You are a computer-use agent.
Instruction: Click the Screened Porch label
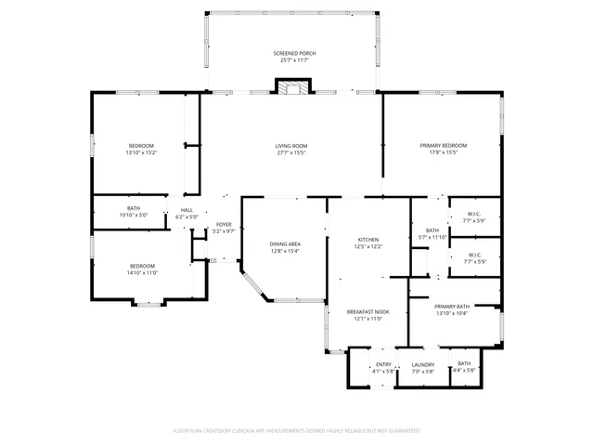(294, 54)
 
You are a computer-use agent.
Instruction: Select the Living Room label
(291, 146)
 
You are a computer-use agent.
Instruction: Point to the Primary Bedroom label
(443, 146)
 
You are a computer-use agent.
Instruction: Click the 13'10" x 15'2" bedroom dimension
(141, 152)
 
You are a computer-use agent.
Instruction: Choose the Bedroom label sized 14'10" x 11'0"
(141, 266)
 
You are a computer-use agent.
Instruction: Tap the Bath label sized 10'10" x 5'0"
(134, 208)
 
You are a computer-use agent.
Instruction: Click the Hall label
(187, 209)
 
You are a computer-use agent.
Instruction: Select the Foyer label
(224, 224)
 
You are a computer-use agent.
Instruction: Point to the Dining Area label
(285, 243)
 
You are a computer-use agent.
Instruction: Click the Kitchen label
(368, 240)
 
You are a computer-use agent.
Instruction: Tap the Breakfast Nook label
(368, 312)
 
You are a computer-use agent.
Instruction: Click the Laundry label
(423, 364)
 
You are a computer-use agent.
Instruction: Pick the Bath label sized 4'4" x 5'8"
(464, 364)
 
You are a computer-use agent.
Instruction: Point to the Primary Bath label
(452, 306)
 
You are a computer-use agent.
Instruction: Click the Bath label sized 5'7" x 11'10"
(432, 230)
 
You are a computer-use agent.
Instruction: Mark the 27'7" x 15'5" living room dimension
(291, 152)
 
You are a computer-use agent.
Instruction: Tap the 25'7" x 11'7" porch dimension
(294, 60)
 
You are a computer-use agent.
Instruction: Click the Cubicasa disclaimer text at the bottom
(296, 431)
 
